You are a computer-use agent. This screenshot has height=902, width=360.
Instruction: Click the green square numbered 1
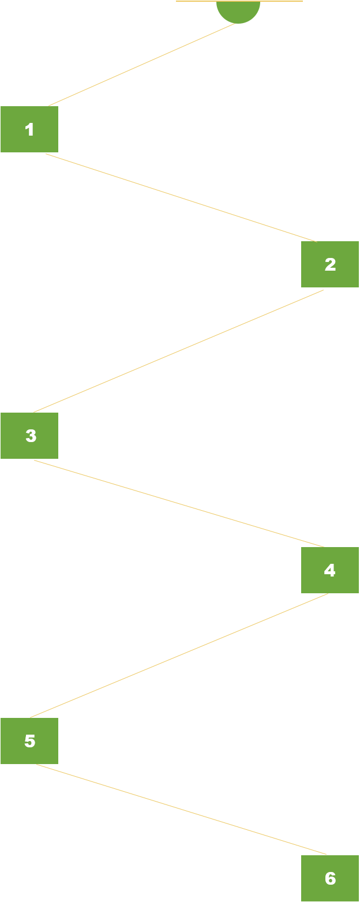click(x=29, y=129)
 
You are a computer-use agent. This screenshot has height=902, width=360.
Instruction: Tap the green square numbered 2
click(x=330, y=264)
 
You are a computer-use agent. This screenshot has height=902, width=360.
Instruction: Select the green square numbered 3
click(x=29, y=436)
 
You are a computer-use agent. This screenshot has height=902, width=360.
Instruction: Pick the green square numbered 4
click(x=330, y=570)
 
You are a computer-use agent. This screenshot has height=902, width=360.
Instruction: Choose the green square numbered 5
click(x=29, y=741)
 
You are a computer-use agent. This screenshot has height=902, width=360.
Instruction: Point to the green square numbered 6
click(x=330, y=878)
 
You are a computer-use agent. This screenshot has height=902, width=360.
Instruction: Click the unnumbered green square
click(x=238, y=13)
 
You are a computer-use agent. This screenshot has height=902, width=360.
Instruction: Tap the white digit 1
click(x=30, y=129)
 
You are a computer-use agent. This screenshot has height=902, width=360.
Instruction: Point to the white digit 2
click(x=330, y=265)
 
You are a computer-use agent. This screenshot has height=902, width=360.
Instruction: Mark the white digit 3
click(x=31, y=436)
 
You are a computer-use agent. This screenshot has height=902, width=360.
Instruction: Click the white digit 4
click(x=329, y=570)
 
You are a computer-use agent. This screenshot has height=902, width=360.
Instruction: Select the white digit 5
click(x=30, y=741)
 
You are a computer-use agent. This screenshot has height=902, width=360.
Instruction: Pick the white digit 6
click(x=330, y=878)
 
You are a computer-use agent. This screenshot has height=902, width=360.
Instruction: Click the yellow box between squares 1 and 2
click(x=181, y=197)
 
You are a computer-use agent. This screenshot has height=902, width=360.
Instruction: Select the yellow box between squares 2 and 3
click(x=178, y=350)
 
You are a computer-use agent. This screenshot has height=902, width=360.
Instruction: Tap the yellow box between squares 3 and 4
click(x=179, y=503)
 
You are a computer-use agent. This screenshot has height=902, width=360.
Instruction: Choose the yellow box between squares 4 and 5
click(x=179, y=655)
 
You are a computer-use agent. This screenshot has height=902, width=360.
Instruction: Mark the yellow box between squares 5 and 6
click(x=181, y=809)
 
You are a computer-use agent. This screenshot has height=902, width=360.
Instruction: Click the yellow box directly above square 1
click(x=142, y=63)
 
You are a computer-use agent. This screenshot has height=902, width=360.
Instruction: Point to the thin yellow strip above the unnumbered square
click(x=239, y=1)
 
